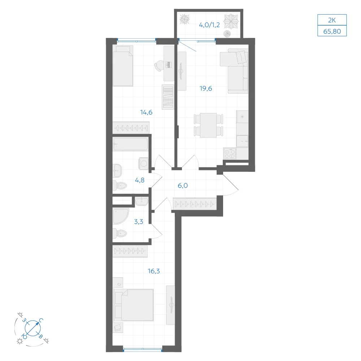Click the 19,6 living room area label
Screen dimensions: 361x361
[206, 88]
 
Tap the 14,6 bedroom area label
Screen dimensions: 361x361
[146, 112]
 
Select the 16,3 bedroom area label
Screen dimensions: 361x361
[154, 271]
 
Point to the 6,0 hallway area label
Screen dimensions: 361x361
[183, 186]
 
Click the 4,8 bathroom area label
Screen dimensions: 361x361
[140, 180]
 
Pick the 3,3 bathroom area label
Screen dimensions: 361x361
[139, 222]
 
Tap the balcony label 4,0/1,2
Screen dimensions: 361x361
[209, 25]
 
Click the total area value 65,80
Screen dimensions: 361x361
[332, 31]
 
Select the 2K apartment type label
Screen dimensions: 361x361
[332, 20]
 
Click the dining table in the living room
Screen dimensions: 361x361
[208, 125]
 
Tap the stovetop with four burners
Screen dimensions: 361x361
[230, 153]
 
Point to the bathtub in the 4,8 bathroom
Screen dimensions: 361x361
[131, 144]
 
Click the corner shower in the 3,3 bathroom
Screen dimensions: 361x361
[121, 216]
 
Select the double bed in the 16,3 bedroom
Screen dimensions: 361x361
[134, 305]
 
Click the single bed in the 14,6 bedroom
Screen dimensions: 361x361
[123, 66]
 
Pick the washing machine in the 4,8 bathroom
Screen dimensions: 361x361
[143, 164]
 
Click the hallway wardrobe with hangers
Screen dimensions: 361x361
[195, 204]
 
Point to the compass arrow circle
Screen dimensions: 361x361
[33, 328]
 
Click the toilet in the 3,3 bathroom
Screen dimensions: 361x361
[120, 234]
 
